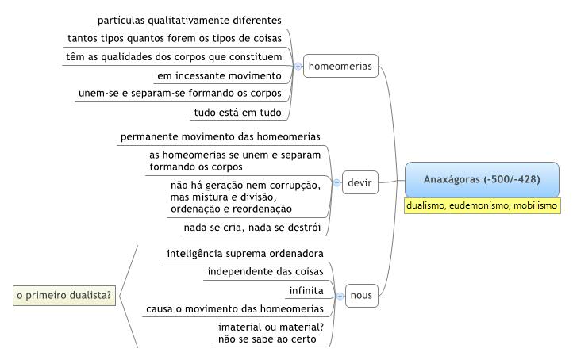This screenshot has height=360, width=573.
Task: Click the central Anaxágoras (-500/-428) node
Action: pyautogui.click(x=482, y=180)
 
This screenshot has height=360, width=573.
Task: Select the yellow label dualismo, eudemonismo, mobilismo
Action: pyautogui.click(x=482, y=205)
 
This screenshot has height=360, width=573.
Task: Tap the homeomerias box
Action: pyautogui.click(x=340, y=66)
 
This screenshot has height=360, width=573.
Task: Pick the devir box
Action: pyautogui.click(x=360, y=182)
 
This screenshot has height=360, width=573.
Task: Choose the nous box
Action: pyautogui.click(x=361, y=296)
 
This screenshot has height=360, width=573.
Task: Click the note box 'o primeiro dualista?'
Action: pyautogui.click(x=64, y=296)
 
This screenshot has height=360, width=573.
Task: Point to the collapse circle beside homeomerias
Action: pyautogui.click(x=298, y=67)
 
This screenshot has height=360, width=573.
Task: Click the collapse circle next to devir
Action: pyautogui.click(x=337, y=182)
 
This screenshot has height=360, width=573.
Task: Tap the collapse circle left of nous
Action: pyautogui.click(x=340, y=296)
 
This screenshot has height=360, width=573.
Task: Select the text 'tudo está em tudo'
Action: pyautogui.click(x=237, y=113)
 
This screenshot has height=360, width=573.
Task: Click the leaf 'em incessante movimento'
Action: pyautogui.click(x=219, y=76)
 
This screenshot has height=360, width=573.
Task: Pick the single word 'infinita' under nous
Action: pyautogui.click(x=306, y=291)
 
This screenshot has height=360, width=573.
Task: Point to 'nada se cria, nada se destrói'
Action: pyautogui.click(x=252, y=228)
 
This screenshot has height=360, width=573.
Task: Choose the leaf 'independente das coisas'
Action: pyautogui.click(x=265, y=272)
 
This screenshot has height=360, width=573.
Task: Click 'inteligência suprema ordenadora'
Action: pyautogui.click(x=245, y=254)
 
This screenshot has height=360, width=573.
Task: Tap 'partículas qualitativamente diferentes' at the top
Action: pyautogui.click(x=190, y=21)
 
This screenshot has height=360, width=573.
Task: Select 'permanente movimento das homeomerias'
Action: pyautogui.click(x=221, y=136)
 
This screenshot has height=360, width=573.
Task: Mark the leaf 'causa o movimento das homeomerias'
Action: pyautogui.click(x=235, y=309)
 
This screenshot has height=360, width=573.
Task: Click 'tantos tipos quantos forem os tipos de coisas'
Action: pyautogui.click(x=175, y=39)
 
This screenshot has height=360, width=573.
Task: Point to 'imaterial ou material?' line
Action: pyautogui.click(x=271, y=327)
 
